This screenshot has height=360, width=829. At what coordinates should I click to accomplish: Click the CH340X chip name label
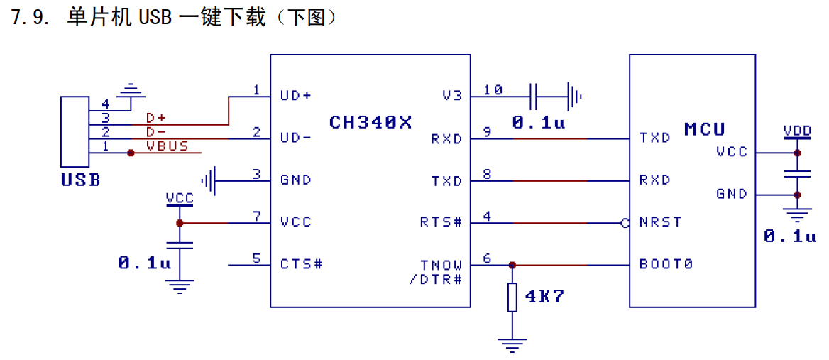pos(370,122)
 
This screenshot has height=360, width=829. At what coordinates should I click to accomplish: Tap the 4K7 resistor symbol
pos(512,297)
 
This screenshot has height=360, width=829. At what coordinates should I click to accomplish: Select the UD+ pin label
pos(297,96)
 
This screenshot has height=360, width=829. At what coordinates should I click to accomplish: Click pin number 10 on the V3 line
pos(493,89)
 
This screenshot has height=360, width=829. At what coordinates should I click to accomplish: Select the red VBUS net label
pos(167,146)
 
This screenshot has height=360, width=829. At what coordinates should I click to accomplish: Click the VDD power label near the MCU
pos(797,130)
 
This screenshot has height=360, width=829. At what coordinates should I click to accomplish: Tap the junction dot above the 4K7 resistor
pos(512,265)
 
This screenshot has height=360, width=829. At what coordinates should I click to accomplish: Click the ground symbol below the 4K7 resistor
pos(512,344)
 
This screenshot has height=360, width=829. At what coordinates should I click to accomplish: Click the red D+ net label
pos(156,117)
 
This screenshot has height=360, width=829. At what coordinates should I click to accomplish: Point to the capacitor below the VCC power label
pos(180,245)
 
